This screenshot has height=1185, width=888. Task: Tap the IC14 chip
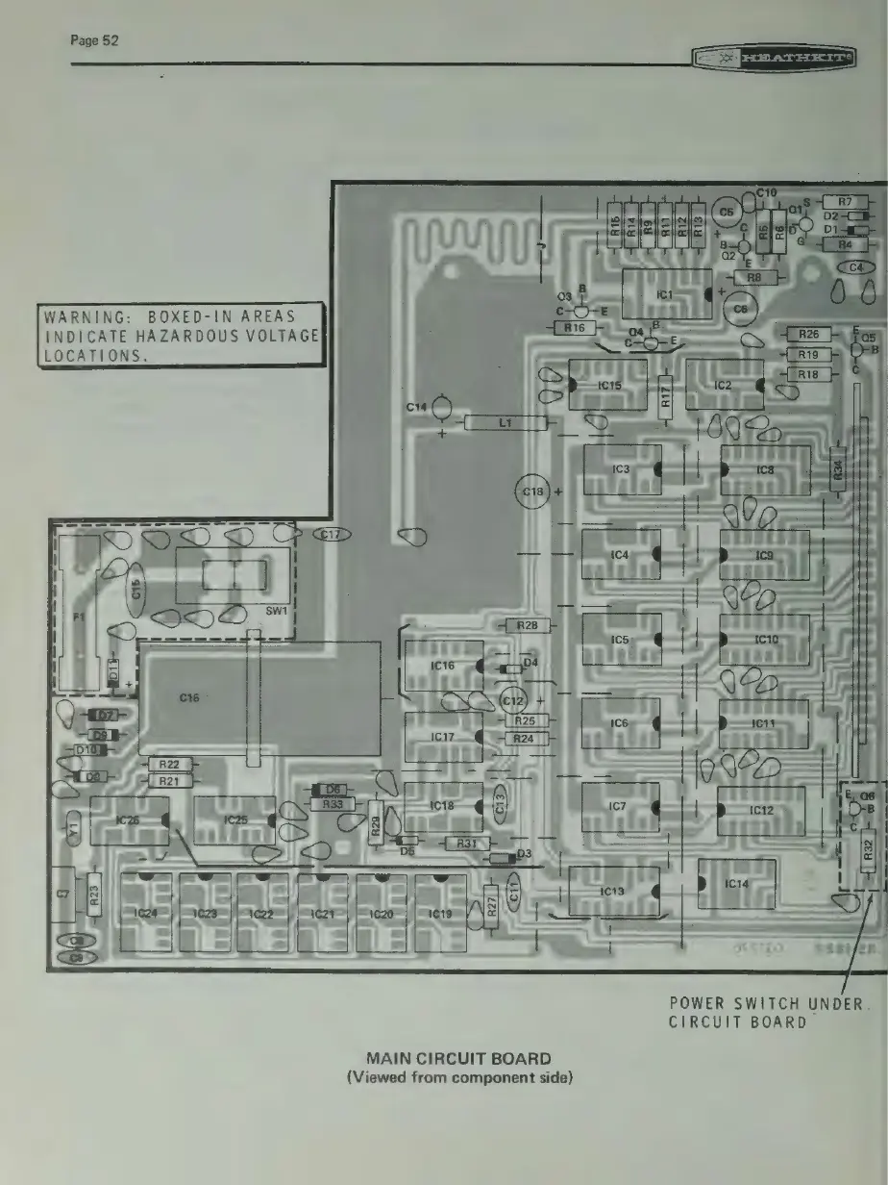[736, 884]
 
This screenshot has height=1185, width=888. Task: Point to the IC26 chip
[129, 820]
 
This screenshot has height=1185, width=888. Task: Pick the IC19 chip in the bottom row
[440, 913]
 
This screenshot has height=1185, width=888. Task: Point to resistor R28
[527, 626]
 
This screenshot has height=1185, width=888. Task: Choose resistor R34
[838, 470]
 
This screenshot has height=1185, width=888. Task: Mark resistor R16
[574, 328]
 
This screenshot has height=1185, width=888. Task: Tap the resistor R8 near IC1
[754, 277]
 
